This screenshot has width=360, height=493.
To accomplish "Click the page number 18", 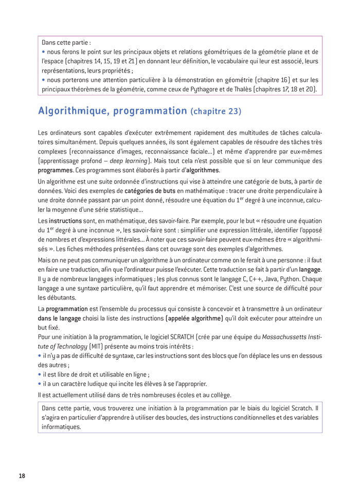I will [x=22, y=476].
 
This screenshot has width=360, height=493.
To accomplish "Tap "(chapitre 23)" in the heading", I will [x=215, y=112].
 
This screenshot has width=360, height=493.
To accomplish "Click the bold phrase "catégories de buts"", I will [x=150, y=190].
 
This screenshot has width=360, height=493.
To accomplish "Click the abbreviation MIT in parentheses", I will [x=98, y=346].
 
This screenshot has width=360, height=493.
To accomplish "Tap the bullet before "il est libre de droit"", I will [x=40, y=375].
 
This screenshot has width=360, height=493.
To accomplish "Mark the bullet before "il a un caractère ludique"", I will [x=40, y=384].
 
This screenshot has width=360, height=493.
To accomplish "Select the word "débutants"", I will [x=60, y=297].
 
